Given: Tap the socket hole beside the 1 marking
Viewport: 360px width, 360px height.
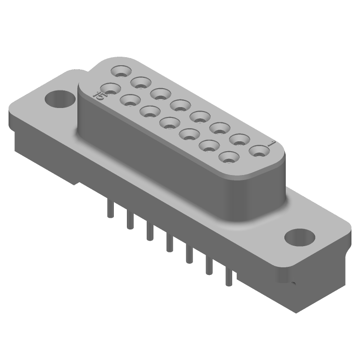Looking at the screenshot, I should [258, 151].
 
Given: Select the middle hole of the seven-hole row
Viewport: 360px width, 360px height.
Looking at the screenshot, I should [170, 121].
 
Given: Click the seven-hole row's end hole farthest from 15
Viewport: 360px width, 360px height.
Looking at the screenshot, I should [229, 158].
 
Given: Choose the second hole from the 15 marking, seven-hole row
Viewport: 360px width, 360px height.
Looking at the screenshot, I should [130, 99].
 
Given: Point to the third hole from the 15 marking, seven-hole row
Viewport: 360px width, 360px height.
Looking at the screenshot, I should [150, 110].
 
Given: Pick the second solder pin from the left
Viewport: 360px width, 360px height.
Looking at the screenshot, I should [130, 220].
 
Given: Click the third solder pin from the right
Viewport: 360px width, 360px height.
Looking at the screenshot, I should [189, 254].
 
